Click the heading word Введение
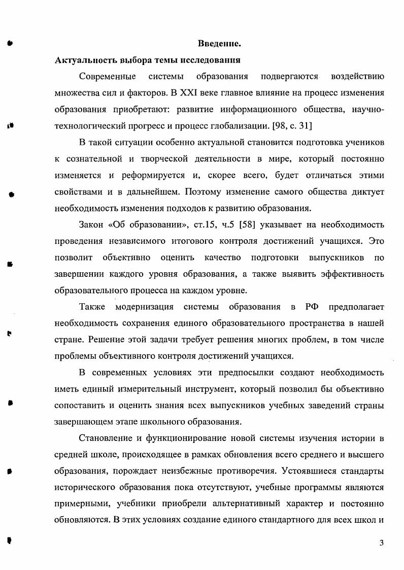coord(219,44)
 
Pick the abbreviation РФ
coord(312,307)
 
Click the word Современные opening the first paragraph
coord(108,77)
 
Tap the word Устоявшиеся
coord(305,470)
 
